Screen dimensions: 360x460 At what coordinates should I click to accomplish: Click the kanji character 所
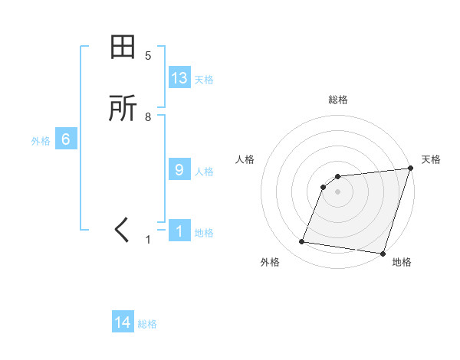(x=123, y=109)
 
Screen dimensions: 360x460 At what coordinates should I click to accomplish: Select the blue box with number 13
(x=179, y=78)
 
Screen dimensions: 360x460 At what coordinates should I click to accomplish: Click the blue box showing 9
(x=179, y=170)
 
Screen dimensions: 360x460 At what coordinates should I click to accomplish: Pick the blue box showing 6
(x=66, y=139)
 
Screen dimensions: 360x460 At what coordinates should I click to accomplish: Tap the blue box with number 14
(x=123, y=323)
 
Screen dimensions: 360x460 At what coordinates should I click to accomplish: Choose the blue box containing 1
(x=179, y=231)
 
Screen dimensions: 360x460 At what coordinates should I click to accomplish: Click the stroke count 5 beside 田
(x=148, y=56)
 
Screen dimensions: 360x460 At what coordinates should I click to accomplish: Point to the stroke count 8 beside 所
(x=148, y=117)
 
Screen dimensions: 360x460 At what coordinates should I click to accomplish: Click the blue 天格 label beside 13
(x=204, y=80)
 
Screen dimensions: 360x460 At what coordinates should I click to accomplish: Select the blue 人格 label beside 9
(x=204, y=172)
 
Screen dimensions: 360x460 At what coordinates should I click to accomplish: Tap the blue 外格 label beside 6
(x=41, y=141)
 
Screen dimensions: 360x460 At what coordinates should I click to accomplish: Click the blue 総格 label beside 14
(x=147, y=325)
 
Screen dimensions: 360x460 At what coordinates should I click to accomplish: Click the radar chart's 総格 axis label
(x=337, y=100)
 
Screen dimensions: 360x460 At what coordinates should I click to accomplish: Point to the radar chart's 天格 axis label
(x=431, y=159)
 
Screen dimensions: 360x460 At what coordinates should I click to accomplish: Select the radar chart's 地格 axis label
(x=402, y=262)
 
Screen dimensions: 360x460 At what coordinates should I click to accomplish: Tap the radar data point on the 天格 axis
(x=410, y=169)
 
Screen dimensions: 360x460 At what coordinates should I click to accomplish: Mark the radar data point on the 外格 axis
(x=302, y=242)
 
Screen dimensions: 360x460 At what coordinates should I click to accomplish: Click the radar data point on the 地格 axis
(x=382, y=254)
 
